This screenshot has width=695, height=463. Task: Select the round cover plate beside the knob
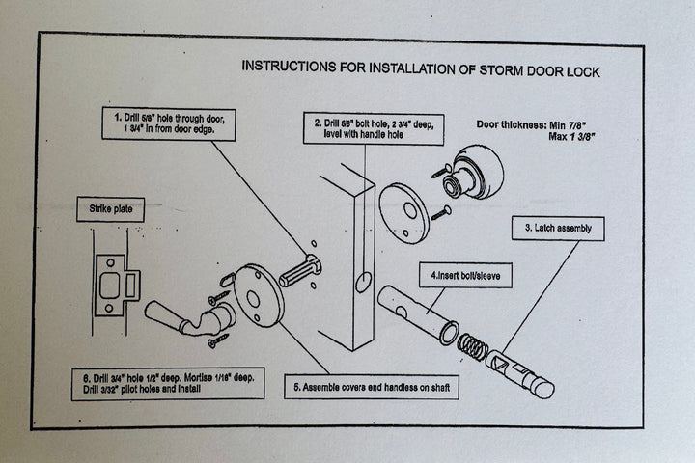tap(403, 214)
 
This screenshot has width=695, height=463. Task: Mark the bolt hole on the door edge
tap(363, 283)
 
